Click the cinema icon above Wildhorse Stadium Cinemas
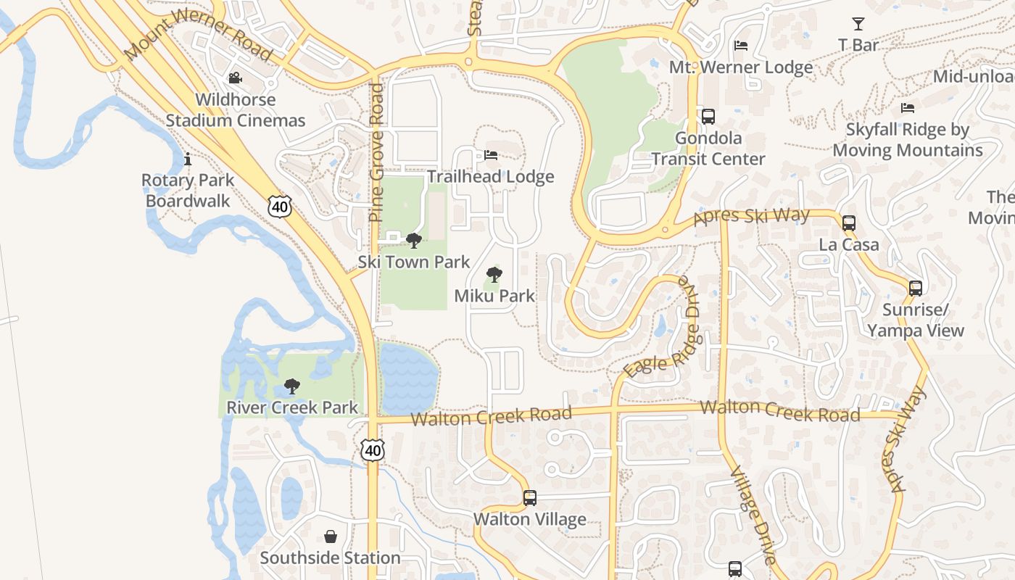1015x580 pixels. pyautogui.click(x=235, y=78)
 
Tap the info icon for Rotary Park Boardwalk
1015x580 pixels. pyautogui.click(x=188, y=159)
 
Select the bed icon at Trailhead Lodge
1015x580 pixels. pyautogui.click(x=491, y=155)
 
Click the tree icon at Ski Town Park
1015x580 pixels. pyautogui.click(x=414, y=240)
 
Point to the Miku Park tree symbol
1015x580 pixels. pyautogui.click(x=494, y=275)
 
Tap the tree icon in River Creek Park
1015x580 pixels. pyautogui.click(x=292, y=386)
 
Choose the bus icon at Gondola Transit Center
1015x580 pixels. pyautogui.click(x=708, y=116)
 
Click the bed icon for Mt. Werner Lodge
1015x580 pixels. pyautogui.click(x=741, y=46)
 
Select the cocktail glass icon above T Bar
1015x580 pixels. pyautogui.click(x=858, y=24)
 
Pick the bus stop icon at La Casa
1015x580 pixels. pyautogui.click(x=849, y=223)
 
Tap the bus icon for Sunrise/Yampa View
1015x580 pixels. pyautogui.click(x=916, y=288)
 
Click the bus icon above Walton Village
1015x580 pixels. pyautogui.click(x=530, y=498)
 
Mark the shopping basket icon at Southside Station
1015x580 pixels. pyautogui.click(x=331, y=536)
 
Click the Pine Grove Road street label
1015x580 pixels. pyautogui.click(x=376, y=152)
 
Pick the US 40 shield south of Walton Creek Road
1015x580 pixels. pyautogui.click(x=373, y=450)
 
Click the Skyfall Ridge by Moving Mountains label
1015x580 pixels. pyautogui.click(x=908, y=140)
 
